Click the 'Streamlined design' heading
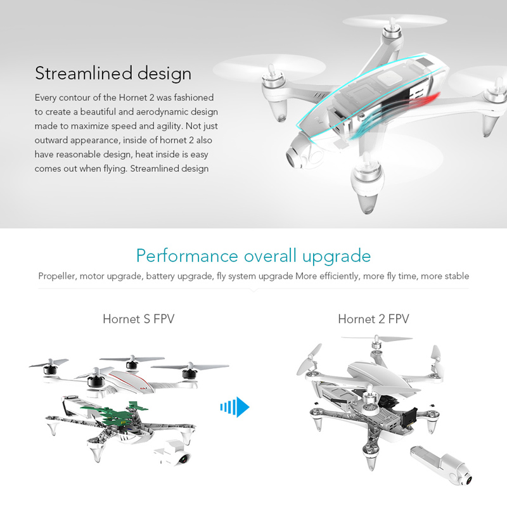113,74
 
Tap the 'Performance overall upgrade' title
253,256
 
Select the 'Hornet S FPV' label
139,319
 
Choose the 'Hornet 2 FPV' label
373,319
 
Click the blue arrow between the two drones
235,407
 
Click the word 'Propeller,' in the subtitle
58,276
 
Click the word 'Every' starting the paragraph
45,98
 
